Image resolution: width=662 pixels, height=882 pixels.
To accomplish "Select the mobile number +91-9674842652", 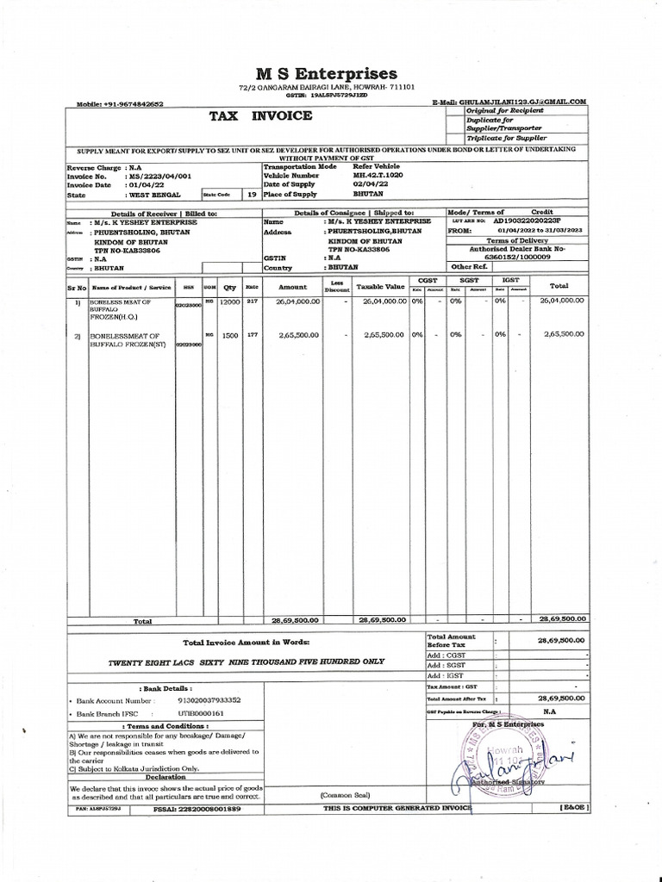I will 132,104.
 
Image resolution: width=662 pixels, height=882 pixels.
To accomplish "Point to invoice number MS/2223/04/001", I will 159,175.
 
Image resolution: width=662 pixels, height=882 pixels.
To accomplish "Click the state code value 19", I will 252,195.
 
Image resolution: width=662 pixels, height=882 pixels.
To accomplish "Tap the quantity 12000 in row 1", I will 229,302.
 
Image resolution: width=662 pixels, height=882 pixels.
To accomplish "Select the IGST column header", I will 509,280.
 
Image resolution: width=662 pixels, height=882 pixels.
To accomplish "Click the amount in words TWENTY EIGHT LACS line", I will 246,661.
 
